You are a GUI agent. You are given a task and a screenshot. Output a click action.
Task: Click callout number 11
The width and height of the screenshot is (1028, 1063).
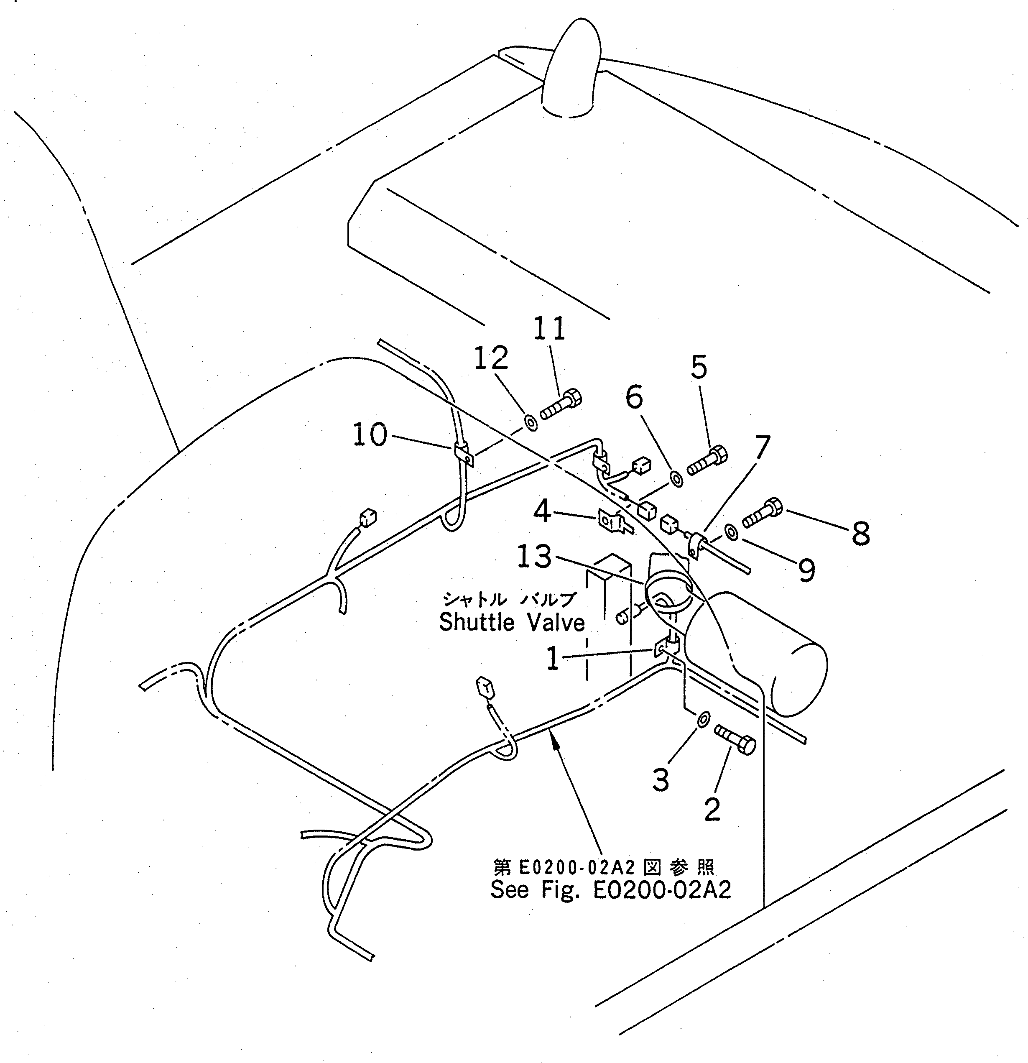[550, 328]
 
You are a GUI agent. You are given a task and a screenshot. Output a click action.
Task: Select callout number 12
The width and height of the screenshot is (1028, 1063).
[491, 358]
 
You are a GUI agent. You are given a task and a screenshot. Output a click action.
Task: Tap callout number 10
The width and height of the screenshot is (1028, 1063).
[370, 435]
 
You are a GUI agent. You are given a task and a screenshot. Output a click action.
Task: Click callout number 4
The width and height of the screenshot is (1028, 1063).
[542, 511]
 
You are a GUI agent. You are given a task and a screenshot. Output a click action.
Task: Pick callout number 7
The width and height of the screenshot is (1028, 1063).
[762, 447]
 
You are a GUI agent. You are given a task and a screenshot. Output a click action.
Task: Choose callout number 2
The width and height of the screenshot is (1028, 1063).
[712, 809]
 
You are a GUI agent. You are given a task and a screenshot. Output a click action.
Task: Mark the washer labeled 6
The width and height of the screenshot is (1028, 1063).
[677, 478]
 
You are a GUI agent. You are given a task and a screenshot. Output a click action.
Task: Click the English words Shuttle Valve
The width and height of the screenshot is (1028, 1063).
[512, 623]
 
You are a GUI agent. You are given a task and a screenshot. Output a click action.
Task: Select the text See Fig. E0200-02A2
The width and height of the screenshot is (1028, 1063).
[610, 890]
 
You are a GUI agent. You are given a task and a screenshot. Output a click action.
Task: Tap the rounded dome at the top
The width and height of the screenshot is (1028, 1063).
[572, 76]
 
